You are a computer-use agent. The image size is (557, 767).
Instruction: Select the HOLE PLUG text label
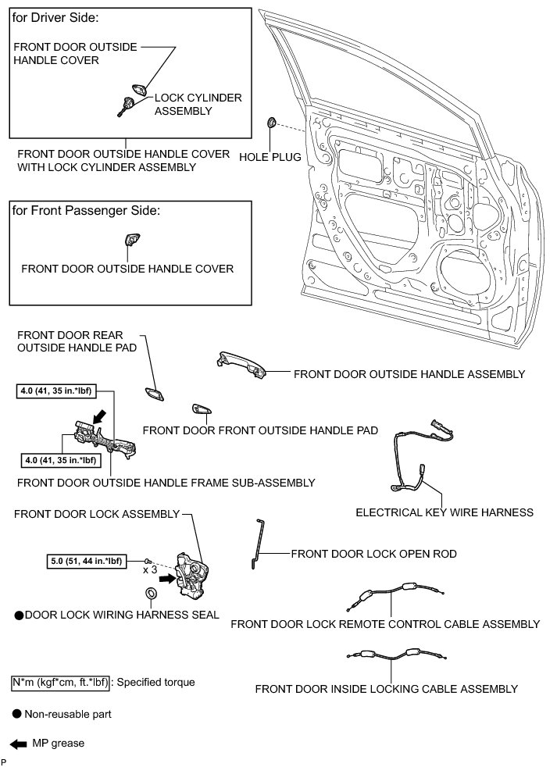point(270,157)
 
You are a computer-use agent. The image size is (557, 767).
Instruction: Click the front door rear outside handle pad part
point(153,394)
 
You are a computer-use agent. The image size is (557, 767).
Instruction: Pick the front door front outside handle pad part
point(201,409)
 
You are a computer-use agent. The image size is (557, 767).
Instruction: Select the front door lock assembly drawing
point(192,573)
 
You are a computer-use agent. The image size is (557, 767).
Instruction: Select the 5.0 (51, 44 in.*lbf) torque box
point(86,560)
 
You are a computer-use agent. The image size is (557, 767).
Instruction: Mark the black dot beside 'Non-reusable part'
point(16,713)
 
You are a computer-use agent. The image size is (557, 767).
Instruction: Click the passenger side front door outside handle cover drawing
point(130,241)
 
